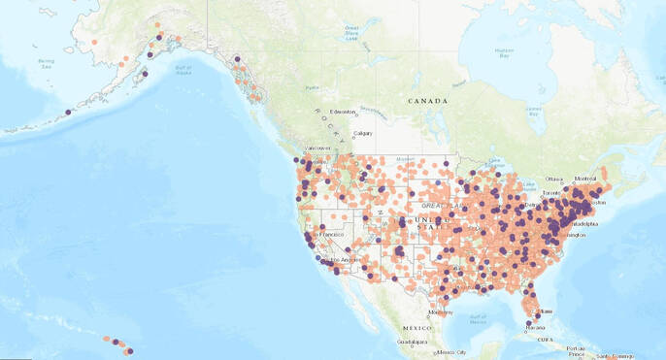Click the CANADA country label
427,101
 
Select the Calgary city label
363,133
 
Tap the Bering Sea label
46,63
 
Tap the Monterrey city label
440,311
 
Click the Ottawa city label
554,179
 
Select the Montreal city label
585,178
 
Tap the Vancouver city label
318,148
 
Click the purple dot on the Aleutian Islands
68,112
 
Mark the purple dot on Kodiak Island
146,73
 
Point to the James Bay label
533,113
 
